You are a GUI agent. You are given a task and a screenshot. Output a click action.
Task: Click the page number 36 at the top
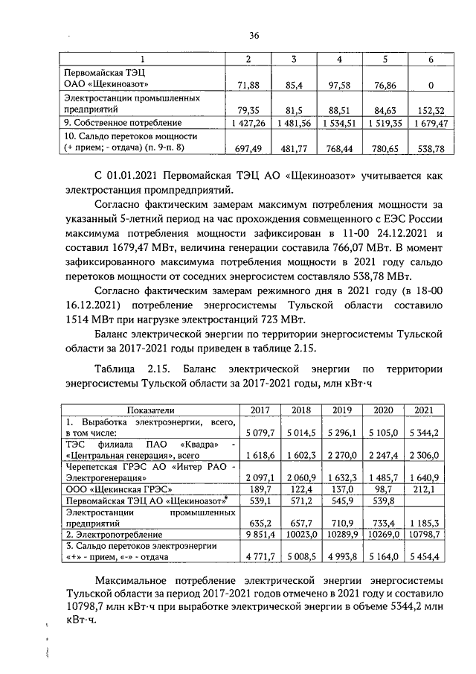(254, 35)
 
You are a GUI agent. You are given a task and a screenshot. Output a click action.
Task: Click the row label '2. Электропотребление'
(112, 535)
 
